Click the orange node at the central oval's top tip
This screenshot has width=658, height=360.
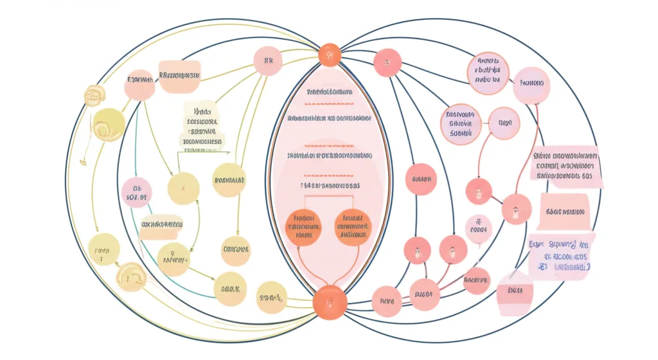click(329, 55)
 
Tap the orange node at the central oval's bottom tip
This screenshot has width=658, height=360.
click(329, 301)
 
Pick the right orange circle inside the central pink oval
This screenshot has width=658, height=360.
click(353, 226)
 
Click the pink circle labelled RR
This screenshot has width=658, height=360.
click(269, 62)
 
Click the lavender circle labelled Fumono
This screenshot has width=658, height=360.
click(531, 84)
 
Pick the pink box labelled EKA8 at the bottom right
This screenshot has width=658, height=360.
click(515, 291)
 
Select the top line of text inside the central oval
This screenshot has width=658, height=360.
click(329, 93)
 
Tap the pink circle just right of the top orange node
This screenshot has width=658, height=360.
click(387, 63)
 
